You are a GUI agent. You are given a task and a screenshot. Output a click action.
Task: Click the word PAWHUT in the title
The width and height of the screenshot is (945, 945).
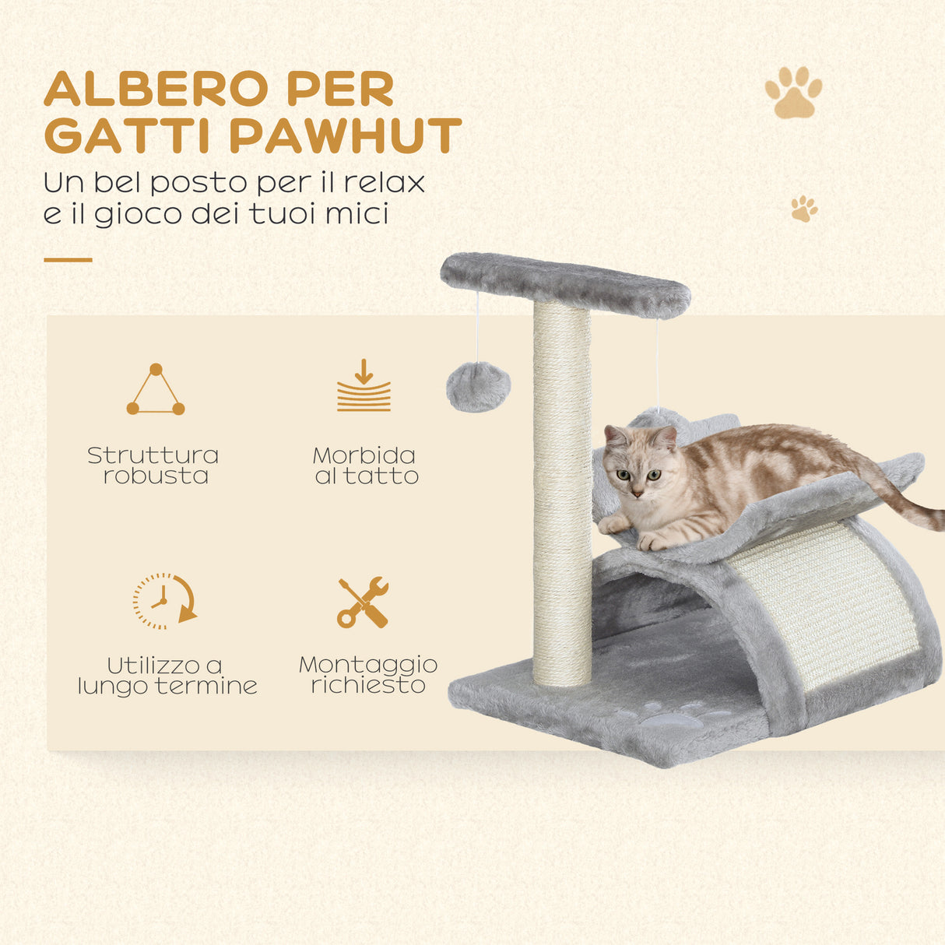pos(346,136)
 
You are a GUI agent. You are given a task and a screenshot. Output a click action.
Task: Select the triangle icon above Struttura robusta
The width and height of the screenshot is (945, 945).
pos(156,390)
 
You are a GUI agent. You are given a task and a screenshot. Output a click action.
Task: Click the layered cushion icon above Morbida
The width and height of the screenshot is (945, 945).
pos(364,386)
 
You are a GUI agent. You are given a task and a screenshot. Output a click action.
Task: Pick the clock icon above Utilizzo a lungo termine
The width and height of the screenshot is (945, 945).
pos(163,600)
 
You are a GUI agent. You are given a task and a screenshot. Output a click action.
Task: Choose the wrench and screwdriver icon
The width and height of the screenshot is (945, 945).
pos(363,602)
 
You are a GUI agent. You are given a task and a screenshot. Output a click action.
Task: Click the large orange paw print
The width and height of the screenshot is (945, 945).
pos(793,93)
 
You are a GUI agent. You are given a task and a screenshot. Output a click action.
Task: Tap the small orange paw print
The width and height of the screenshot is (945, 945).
pos(804,209)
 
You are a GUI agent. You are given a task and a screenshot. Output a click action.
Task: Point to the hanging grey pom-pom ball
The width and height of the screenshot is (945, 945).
pos(478,387)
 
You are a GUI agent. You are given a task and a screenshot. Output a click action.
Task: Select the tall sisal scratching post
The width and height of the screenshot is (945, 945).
pos(562,498)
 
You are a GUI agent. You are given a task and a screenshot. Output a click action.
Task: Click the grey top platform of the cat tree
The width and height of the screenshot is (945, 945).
pos(565,284)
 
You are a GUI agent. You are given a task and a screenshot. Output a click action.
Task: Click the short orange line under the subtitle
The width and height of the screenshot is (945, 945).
pos(68,260)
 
